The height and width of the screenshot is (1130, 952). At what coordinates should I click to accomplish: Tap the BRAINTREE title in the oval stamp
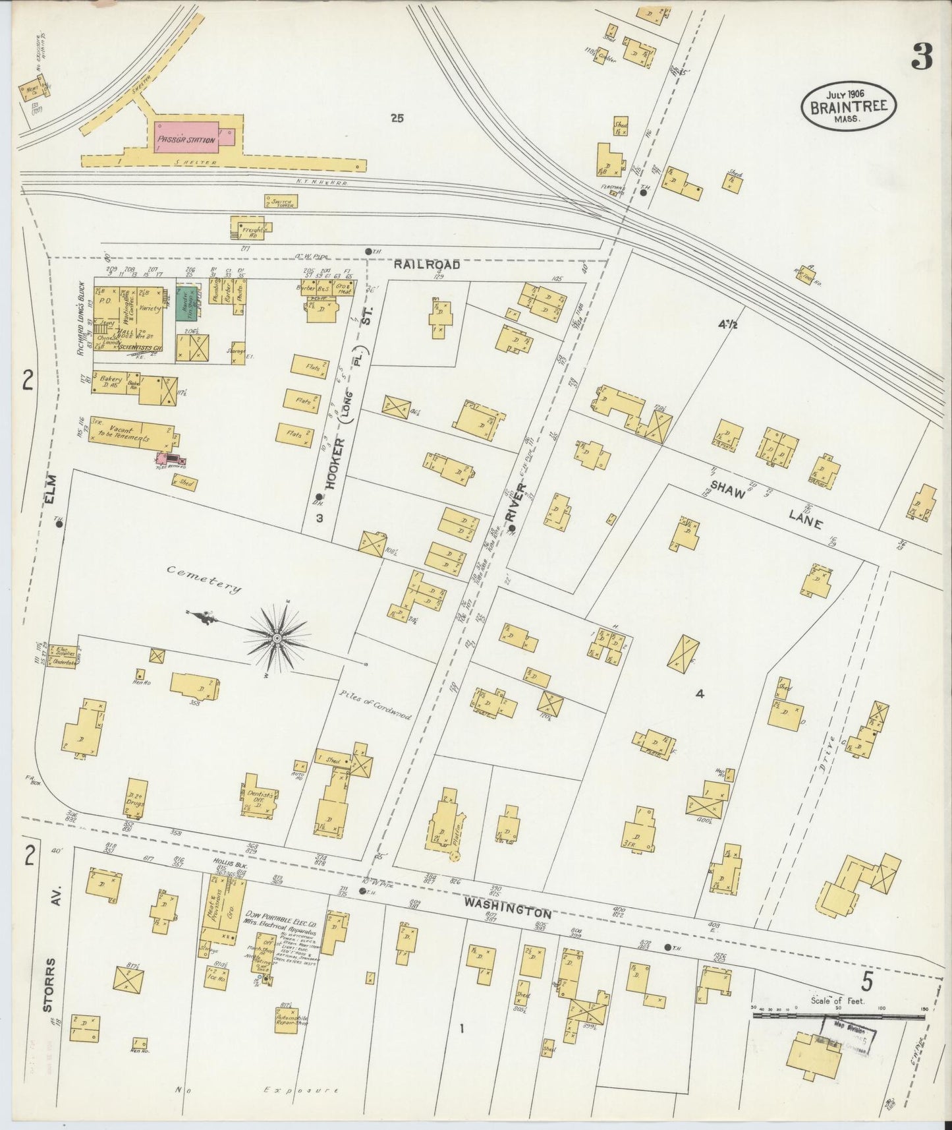(x=849, y=107)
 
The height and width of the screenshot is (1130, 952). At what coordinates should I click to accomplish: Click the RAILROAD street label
(x=427, y=265)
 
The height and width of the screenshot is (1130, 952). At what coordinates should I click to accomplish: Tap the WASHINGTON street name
(x=506, y=908)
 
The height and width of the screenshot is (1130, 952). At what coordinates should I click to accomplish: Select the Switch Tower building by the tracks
(x=280, y=201)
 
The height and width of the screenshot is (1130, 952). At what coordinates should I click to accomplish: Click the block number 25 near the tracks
(x=396, y=119)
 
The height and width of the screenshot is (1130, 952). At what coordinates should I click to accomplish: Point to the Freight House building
(x=249, y=228)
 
